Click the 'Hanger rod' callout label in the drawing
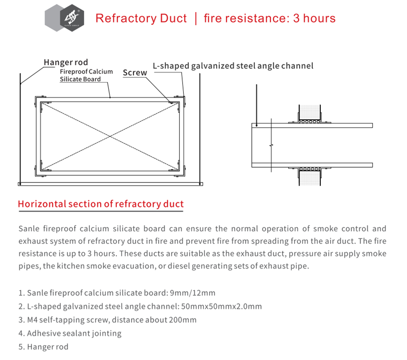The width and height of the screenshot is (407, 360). click(x=66, y=62)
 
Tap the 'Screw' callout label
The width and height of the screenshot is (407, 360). click(x=135, y=73)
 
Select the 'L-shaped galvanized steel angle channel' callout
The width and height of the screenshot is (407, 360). click(x=233, y=66)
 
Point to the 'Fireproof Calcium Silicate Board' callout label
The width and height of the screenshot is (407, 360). click(x=86, y=75)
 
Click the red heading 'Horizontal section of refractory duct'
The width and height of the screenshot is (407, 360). click(x=101, y=204)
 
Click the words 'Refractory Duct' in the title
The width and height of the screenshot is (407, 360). click(x=141, y=18)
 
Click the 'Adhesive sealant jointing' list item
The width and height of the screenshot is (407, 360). click(x=70, y=333)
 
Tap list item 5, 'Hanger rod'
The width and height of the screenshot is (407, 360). click(x=43, y=347)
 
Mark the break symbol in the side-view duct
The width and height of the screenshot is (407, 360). click(x=271, y=145)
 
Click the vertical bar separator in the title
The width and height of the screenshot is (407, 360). click(x=195, y=18)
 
